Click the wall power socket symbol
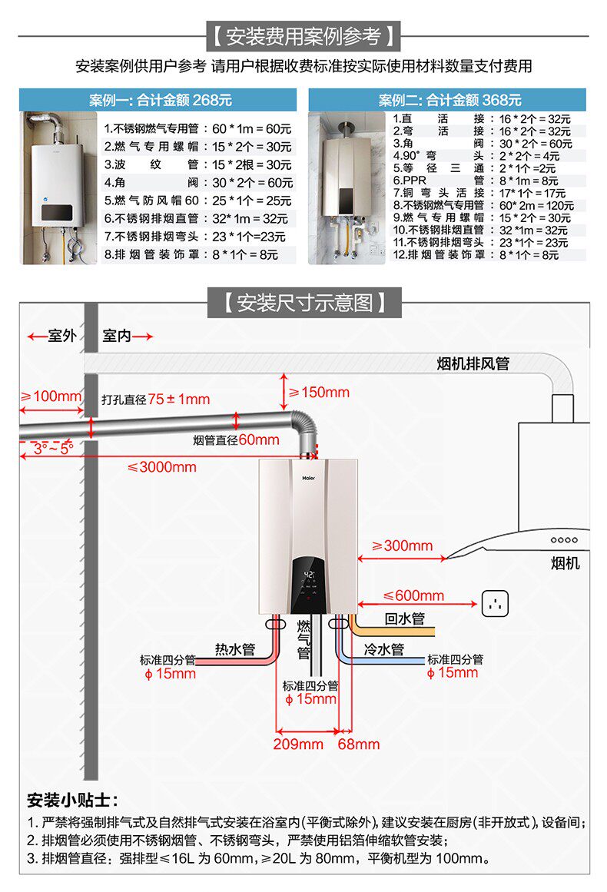pos(496,603)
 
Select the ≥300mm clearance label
pos(403,545)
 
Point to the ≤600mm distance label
pos(413,595)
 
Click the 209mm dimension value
pos(298,744)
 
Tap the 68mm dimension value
pos(359,744)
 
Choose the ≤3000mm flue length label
pos(161,466)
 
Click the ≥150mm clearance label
pos(319,393)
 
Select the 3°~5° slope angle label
pos(53,448)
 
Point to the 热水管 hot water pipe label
pos(235,649)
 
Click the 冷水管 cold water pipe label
pos(383,649)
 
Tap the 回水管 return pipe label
pos(404,618)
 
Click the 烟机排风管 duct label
pos(473,363)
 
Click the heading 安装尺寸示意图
pos(304,302)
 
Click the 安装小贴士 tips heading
pos(72,800)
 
